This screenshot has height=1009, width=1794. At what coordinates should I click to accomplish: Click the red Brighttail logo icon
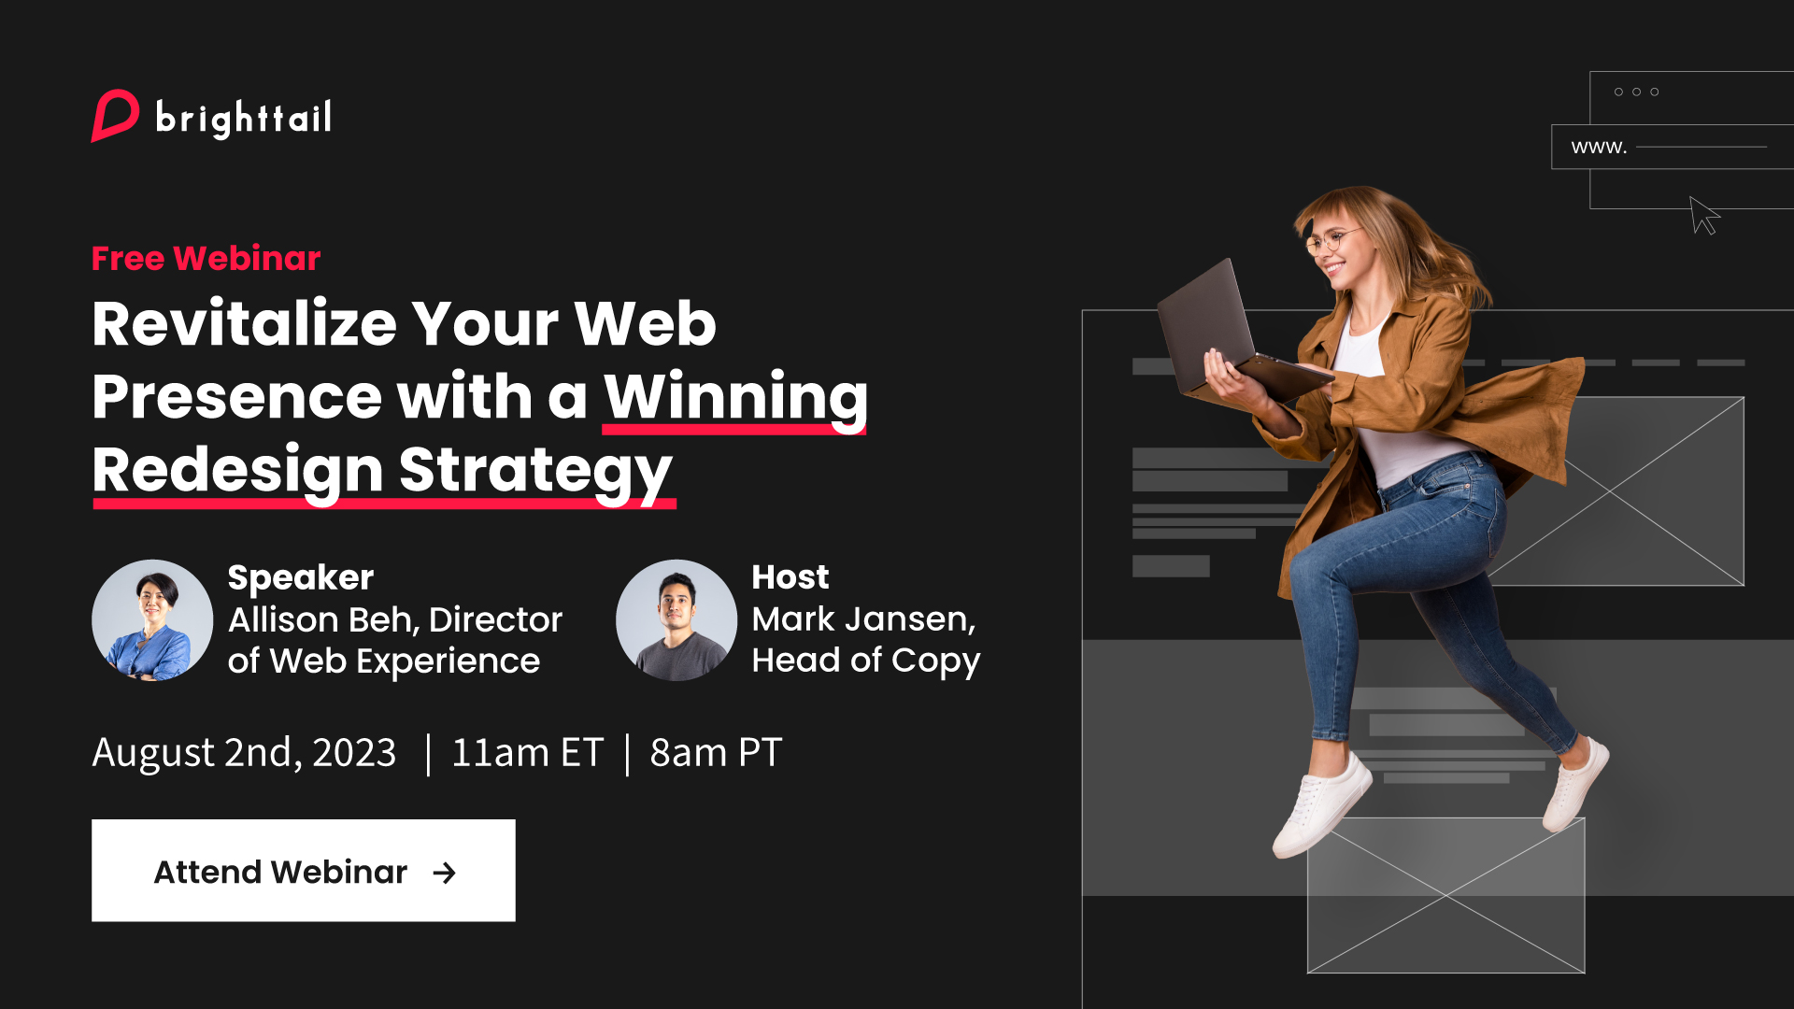click(x=115, y=116)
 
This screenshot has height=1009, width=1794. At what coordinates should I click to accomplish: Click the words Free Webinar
click(x=206, y=259)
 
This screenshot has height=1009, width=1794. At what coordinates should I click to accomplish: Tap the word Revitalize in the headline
click(x=245, y=323)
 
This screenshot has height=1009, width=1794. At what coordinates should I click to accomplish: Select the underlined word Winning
click(x=735, y=398)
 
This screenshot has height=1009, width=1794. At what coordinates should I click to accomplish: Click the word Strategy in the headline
click(x=535, y=472)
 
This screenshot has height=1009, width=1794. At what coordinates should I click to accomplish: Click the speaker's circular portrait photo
click(x=152, y=620)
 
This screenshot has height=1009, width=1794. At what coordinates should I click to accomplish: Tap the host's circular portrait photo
click(x=676, y=620)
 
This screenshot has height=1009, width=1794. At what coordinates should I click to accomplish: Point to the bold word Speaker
click(x=301, y=578)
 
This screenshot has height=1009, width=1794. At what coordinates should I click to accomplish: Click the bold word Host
click(x=790, y=577)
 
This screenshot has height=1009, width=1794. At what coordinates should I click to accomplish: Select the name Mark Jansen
click(x=863, y=619)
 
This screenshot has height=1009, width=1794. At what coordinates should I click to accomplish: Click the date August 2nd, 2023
click(x=244, y=753)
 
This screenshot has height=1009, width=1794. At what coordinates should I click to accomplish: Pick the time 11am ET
click(x=527, y=753)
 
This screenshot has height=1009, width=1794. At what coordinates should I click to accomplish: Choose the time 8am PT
click(x=716, y=753)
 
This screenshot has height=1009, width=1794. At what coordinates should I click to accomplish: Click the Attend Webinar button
click(x=304, y=871)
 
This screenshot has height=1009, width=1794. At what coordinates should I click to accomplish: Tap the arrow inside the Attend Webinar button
click(x=445, y=873)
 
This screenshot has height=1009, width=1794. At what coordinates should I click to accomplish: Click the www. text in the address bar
click(x=1599, y=148)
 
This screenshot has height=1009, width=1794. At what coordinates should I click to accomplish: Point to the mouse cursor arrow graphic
click(x=1704, y=216)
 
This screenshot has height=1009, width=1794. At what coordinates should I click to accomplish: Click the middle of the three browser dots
click(x=1636, y=92)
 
